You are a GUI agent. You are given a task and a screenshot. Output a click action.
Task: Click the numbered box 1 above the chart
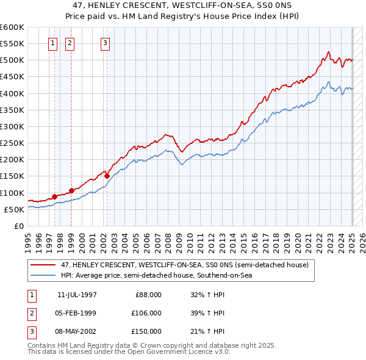[53, 43]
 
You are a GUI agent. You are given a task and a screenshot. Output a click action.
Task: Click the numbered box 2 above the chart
[70, 43]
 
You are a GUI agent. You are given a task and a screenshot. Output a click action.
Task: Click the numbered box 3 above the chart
[106, 43]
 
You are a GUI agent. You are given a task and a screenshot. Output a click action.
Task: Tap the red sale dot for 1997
[54, 196]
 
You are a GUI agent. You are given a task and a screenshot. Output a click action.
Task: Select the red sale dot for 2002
[107, 176]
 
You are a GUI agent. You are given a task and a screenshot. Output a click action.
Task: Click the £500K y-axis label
[12, 60]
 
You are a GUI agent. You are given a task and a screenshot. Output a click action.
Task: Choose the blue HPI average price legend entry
[156, 275]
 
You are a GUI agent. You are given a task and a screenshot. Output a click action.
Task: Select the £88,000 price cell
[148, 294]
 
